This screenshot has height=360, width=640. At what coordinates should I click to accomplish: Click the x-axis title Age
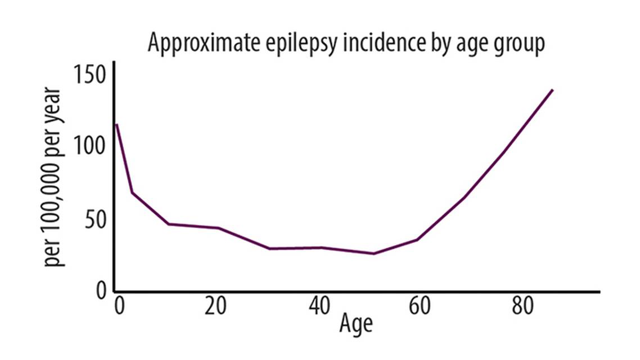(x=355, y=325)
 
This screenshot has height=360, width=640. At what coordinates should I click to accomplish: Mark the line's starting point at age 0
(x=116, y=124)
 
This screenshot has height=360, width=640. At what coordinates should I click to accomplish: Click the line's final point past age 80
(x=553, y=89)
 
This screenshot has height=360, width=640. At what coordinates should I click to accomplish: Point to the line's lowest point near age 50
(x=373, y=254)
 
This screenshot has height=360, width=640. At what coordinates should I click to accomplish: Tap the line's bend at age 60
(x=417, y=240)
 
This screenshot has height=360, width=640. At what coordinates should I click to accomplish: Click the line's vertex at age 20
(x=218, y=228)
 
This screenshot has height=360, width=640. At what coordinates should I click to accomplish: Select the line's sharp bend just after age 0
(x=132, y=193)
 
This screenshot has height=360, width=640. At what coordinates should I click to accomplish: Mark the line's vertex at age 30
(x=269, y=249)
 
